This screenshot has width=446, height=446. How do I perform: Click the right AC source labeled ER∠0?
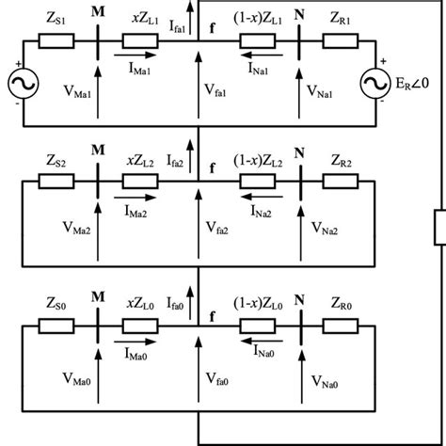[376, 86]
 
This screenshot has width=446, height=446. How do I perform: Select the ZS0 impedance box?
[51, 323]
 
